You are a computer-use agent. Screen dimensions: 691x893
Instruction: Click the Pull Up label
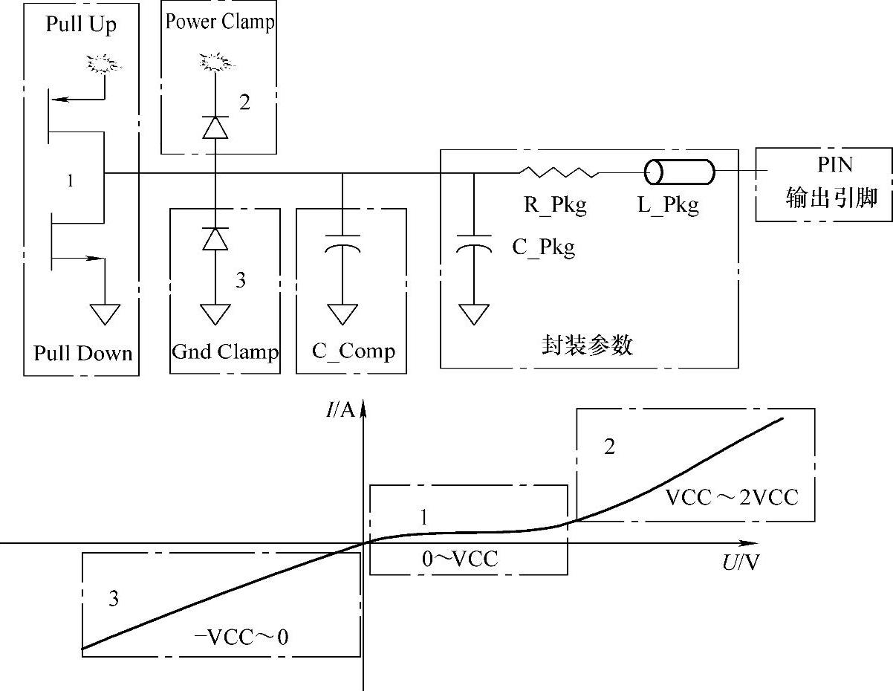click(82, 24)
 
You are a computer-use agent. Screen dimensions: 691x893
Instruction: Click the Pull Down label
click(82, 352)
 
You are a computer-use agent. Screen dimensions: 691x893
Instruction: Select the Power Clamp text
click(219, 21)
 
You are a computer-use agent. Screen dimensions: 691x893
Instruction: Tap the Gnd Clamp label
click(224, 351)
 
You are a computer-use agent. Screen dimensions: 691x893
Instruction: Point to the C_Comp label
click(353, 351)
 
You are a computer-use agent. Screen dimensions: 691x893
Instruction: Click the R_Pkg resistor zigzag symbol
click(558, 172)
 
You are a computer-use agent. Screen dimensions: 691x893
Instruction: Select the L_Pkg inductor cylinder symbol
click(679, 172)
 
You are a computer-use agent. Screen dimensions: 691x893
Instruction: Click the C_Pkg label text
click(543, 247)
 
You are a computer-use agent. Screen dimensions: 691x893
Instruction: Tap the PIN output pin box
click(823, 184)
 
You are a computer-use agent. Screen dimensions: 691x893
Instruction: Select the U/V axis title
click(741, 562)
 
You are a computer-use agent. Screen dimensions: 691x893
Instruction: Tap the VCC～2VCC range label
click(731, 497)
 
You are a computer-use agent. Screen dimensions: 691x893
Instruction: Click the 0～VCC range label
click(460, 559)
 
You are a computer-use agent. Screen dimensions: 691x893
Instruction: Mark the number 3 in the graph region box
click(113, 599)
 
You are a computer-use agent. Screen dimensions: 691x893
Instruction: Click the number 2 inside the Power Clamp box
click(244, 102)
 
